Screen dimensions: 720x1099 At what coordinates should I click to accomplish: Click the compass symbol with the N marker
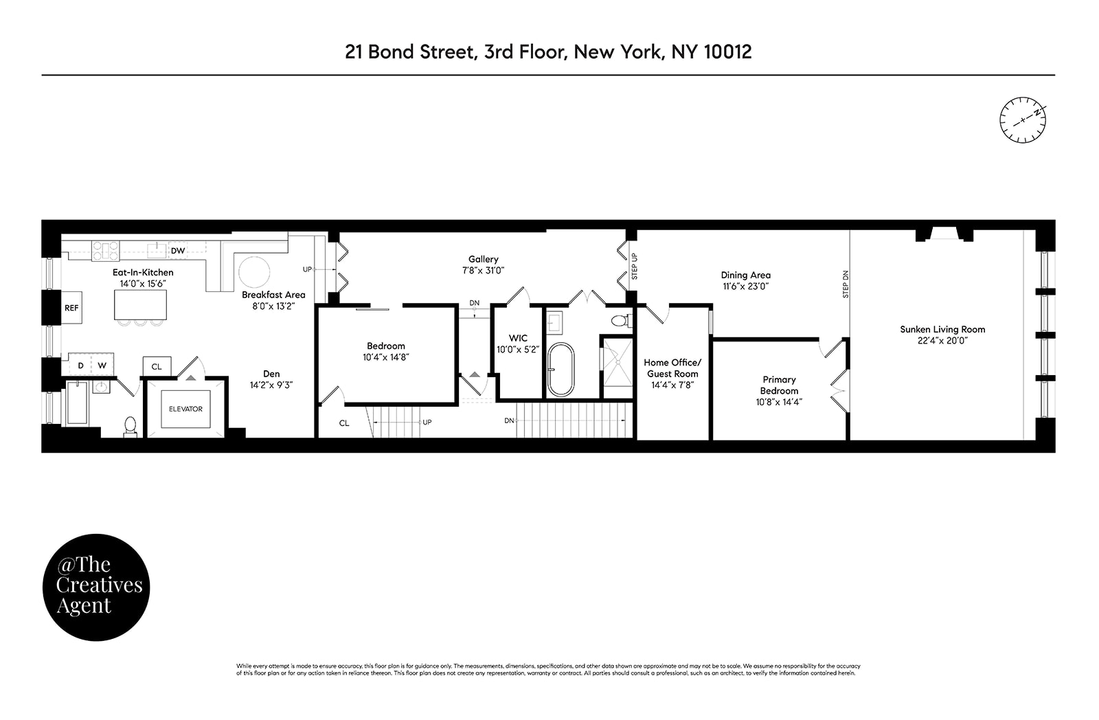coord(1023,120)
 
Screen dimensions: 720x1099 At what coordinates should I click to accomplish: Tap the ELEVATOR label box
coord(185,409)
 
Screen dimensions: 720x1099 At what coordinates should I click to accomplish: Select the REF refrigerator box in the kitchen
coord(71,308)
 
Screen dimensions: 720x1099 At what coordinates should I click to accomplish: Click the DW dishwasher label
coord(178,251)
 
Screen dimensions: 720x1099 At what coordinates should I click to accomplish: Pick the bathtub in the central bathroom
coord(560,370)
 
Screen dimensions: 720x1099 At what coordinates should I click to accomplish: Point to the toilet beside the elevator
coord(130,427)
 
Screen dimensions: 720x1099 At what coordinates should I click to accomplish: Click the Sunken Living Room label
coord(942,329)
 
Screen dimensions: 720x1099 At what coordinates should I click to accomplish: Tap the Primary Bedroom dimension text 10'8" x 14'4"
coord(779,402)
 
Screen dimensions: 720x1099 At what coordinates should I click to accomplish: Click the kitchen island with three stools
coord(140,304)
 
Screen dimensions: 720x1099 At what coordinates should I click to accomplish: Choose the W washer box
coord(102,365)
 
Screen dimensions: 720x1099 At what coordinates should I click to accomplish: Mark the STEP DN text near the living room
coord(846,284)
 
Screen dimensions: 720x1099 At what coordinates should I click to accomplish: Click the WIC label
coord(518,338)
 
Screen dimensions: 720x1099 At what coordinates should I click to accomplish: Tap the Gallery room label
coord(483,259)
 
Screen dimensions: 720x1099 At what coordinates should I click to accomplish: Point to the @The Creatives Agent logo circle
coord(95,587)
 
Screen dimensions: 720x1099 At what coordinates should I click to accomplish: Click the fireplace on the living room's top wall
coord(944,235)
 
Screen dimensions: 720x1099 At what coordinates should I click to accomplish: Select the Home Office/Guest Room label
coord(672,368)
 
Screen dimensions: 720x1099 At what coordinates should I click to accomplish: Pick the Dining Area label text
coord(745,275)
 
